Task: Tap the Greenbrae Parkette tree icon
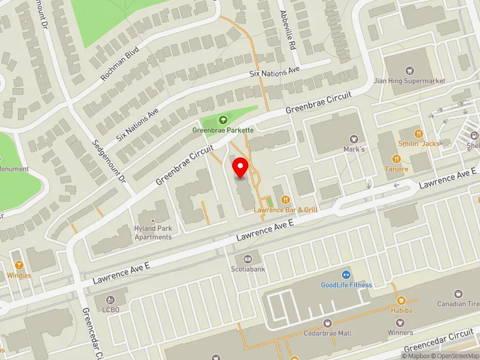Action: (224, 121)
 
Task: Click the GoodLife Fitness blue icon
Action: (346, 274)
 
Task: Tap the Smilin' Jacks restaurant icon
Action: (419, 134)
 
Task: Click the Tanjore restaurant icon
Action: (396, 159)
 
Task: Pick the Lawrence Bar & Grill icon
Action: (286, 199)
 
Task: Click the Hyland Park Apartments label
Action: (152, 233)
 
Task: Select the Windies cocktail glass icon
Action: (19, 265)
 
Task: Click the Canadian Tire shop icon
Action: (459, 294)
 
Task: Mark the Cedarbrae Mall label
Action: (328, 333)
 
